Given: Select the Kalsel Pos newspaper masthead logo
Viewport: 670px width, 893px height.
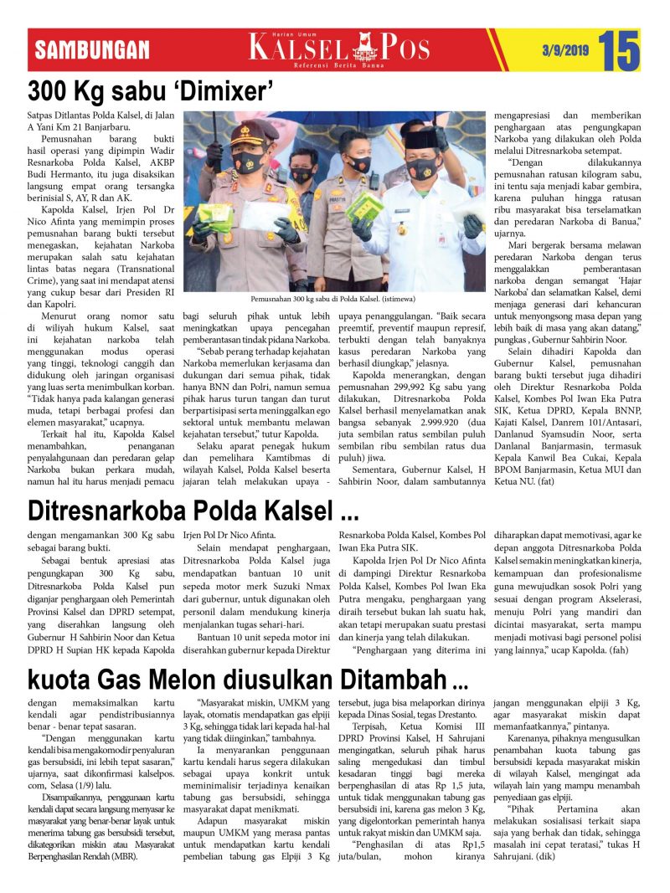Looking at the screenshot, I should tap(339, 47).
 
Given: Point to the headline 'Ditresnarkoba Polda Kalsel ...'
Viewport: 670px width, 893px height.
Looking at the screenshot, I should tap(193, 509).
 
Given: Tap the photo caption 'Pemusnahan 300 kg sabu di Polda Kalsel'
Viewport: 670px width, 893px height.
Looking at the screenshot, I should tap(333, 298).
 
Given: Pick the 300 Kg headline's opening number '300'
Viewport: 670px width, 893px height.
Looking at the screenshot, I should tap(49, 90).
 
